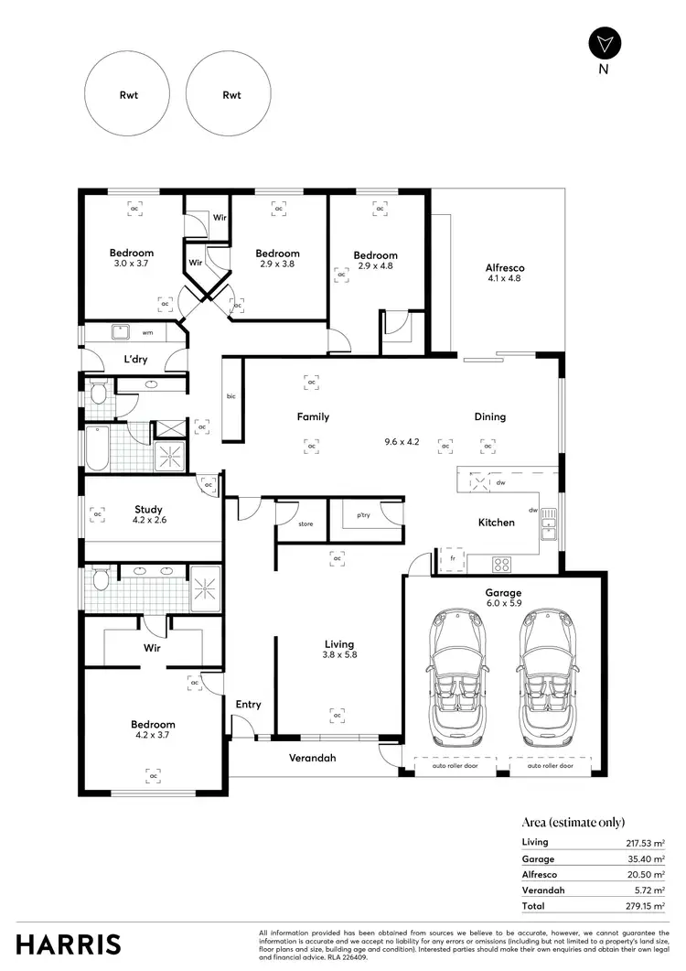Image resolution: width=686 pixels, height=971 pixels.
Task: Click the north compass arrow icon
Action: click(605, 43)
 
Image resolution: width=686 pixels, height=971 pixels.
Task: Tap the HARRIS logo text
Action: click(68, 944)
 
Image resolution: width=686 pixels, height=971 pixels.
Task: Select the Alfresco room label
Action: click(504, 273)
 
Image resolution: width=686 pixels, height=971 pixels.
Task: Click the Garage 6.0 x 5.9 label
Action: click(504, 598)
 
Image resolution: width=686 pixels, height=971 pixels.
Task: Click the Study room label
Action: click(148, 514)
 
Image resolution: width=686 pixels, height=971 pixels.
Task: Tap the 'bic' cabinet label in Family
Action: click(231, 396)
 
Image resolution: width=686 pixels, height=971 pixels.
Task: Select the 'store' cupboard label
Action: click(305, 524)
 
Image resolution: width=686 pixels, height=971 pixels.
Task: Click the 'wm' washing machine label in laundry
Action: click(147, 332)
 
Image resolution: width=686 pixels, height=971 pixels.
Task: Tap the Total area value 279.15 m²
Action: click(645, 906)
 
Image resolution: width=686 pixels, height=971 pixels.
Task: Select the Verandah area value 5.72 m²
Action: click(647, 890)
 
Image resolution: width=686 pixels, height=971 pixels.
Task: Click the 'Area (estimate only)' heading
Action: click(573, 822)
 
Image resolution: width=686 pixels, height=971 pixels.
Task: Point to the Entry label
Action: click(248, 705)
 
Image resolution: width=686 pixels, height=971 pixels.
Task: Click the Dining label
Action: click(489, 417)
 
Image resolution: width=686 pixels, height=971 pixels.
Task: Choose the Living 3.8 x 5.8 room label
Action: click(338, 650)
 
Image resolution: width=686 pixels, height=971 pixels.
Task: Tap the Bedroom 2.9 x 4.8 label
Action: click(376, 261)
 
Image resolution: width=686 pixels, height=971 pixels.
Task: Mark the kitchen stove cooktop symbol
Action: click(503, 561)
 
